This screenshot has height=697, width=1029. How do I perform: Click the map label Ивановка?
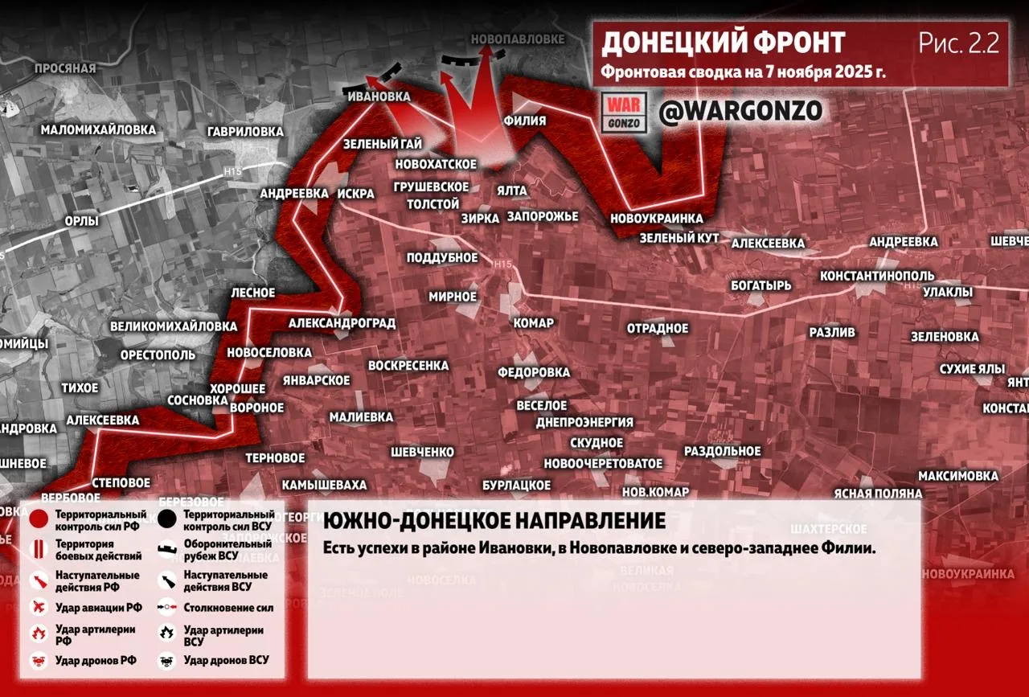379,96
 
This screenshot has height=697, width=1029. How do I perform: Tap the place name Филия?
524,121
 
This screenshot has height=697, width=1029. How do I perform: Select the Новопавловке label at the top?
518,39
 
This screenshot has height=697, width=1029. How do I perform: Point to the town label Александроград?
342,323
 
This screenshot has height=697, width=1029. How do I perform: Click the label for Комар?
533,323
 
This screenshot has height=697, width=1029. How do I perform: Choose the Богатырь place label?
760,285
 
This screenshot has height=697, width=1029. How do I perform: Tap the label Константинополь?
876,276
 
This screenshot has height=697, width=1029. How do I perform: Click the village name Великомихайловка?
173,326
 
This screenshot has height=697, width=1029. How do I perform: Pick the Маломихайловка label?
98,129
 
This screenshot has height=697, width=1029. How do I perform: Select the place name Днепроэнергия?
584,422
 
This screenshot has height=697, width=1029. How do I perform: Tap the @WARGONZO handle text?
740,112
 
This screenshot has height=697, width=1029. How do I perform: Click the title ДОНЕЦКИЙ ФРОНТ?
723,43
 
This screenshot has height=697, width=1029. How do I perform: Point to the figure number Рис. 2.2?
959,43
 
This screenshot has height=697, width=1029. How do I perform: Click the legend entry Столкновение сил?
222,609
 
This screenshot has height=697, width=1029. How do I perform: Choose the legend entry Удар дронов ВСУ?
226,660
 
